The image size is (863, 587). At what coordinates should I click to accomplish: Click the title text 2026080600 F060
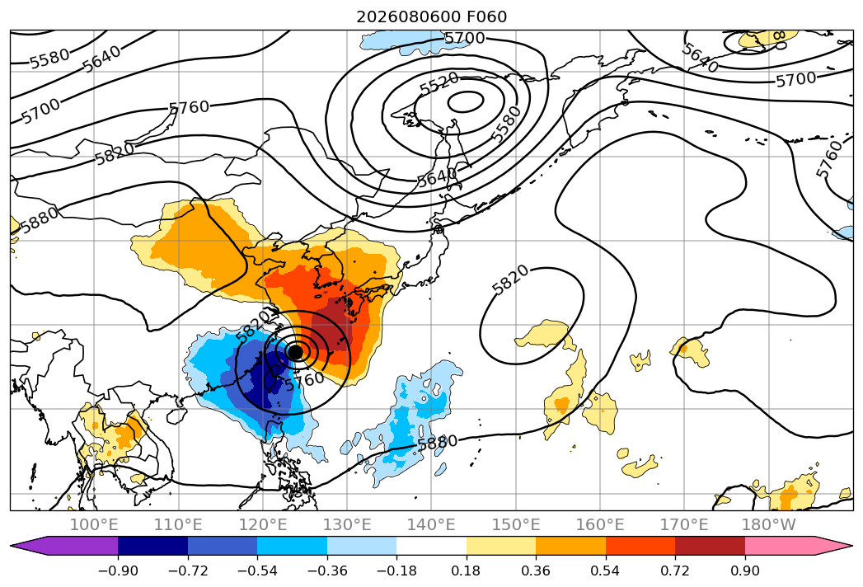coord(432,16)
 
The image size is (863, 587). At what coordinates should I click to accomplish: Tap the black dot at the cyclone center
coord(296,351)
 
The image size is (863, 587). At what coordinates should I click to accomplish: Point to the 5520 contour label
coord(439,84)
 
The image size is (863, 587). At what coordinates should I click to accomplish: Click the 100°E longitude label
coord(94,525)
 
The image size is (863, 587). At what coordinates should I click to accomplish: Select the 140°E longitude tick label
coord(431,525)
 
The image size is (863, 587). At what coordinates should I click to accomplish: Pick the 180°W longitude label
coord(768,525)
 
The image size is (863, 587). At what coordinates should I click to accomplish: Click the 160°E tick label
coord(600,525)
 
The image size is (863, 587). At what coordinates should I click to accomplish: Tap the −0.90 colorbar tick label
coord(118,571)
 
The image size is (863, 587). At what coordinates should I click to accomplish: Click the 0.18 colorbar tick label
coord(467,571)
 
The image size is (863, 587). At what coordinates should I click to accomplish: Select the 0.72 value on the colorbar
coord(675,571)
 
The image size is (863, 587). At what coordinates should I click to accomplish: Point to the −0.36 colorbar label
coord(327,571)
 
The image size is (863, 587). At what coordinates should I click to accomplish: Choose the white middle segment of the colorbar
coord(432,546)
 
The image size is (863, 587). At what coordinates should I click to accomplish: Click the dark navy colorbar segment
coord(153,546)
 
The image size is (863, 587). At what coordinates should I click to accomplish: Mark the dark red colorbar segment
coord(710,546)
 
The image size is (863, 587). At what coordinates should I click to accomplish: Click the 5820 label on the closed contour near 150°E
coord(510,279)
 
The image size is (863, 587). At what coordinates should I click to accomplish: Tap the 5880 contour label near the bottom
coord(438,442)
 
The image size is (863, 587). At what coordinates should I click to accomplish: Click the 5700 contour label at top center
coord(465,38)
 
